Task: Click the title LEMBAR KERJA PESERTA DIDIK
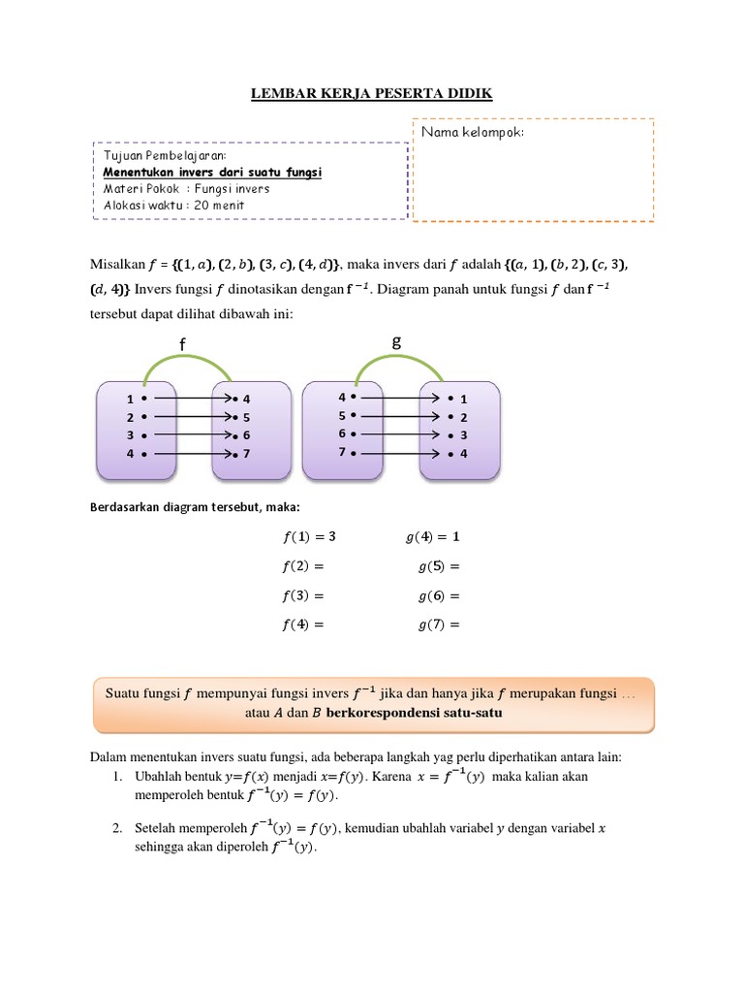pyautogui.click(x=372, y=93)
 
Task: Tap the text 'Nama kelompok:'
pyautogui.click(x=472, y=132)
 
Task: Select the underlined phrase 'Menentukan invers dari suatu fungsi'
pyautogui.click(x=212, y=172)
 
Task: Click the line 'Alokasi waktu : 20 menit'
pyautogui.click(x=173, y=205)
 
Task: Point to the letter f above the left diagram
pyautogui.click(x=181, y=345)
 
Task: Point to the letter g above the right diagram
pyautogui.click(x=395, y=341)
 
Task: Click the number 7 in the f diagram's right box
pyautogui.click(x=247, y=453)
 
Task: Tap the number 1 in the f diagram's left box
pyautogui.click(x=129, y=399)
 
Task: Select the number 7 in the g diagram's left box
pyautogui.click(x=342, y=452)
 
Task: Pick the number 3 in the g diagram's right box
pyautogui.click(x=464, y=435)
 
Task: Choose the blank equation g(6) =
pyautogui.click(x=438, y=595)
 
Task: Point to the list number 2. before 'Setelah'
pyautogui.click(x=116, y=828)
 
